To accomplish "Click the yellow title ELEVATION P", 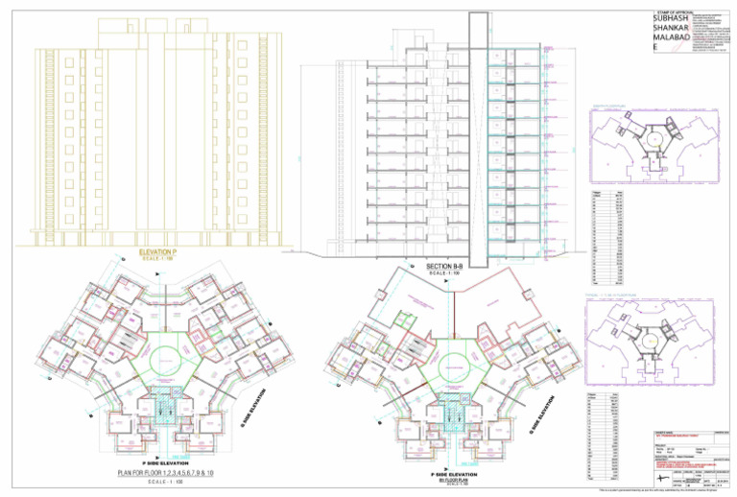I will tap(155, 250).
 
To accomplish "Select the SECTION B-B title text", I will tap(444, 265).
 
